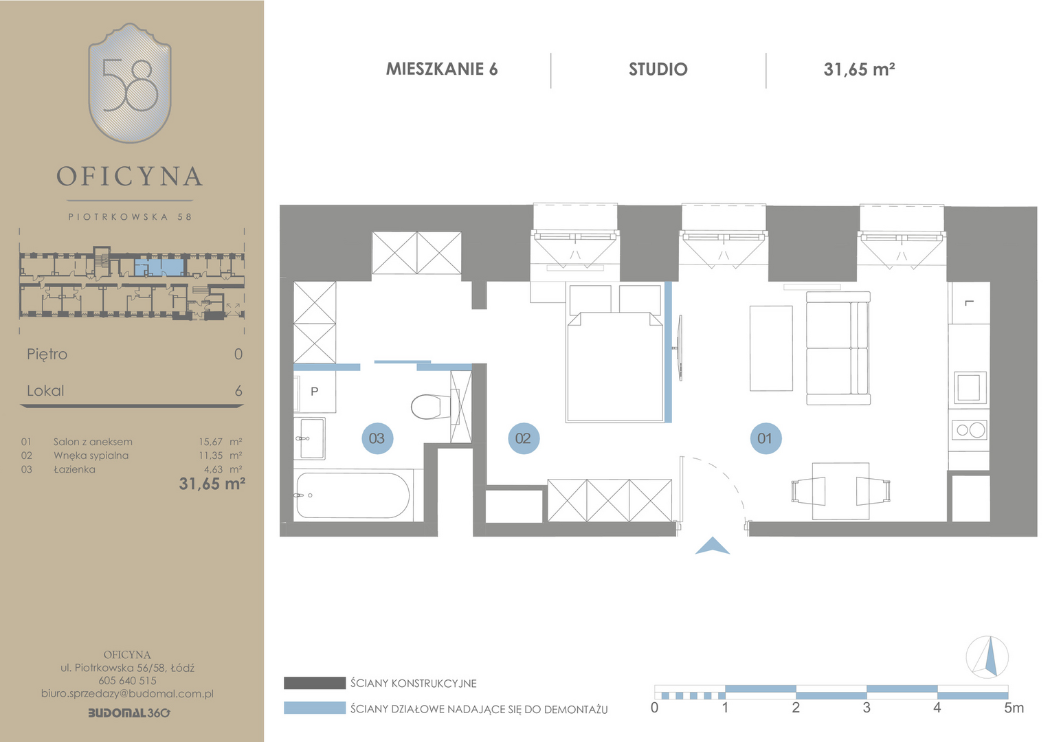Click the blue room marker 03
click(x=377, y=438)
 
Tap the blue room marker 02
click(x=524, y=438)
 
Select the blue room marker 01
click(x=766, y=438)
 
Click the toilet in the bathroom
click(x=432, y=407)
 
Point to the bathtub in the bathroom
click(x=353, y=495)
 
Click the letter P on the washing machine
click(x=315, y=392)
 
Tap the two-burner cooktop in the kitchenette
click(x=970, y=430)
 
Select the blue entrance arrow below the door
click(x=712, y=546)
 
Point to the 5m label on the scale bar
click(x=1014, y=708)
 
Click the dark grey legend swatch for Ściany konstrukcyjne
click(x=315, y=683)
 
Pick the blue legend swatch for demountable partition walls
click(x=315, y=708)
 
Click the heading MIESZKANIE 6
click(x=442, y=69)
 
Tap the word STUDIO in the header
click(x=658, y=69)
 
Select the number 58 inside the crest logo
click(x=129, y=85)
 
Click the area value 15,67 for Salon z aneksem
click(x=210, y=442)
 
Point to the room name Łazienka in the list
click(x=74, y=469)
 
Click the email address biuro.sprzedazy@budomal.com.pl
click(x=128, y=694)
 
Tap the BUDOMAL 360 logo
click(x=129, y=713)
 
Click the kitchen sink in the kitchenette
click(x=970, y=387)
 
